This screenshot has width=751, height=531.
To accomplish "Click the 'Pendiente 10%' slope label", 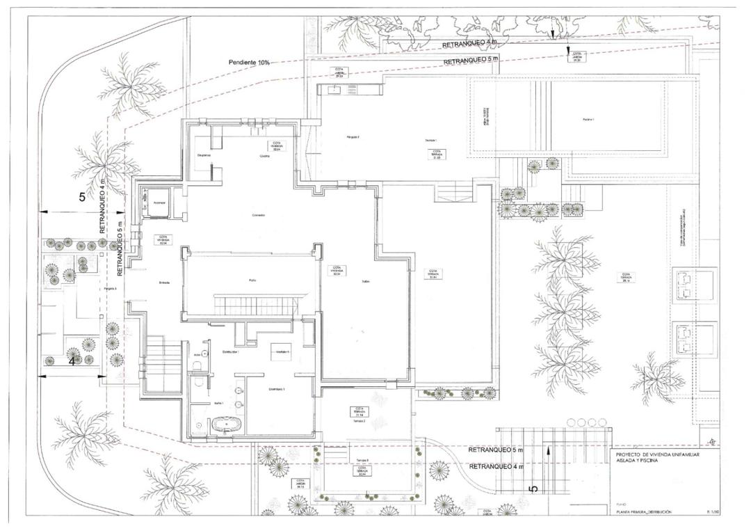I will (x=249, y=63).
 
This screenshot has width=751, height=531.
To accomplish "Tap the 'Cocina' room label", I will (x=264, y=157).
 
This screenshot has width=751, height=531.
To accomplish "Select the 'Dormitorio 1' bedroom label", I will (x=259, y=389).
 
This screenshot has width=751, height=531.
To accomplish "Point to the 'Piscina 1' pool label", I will (x=588, y=120).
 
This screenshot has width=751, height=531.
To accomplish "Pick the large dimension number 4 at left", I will (x=72, y=361).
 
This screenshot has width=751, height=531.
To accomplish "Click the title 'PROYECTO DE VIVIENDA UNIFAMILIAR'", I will (x=657, y=454).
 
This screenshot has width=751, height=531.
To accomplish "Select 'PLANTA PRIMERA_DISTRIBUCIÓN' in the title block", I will (x=643, y=512).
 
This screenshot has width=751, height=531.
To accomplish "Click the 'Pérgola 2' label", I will (x=353, y=137).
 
